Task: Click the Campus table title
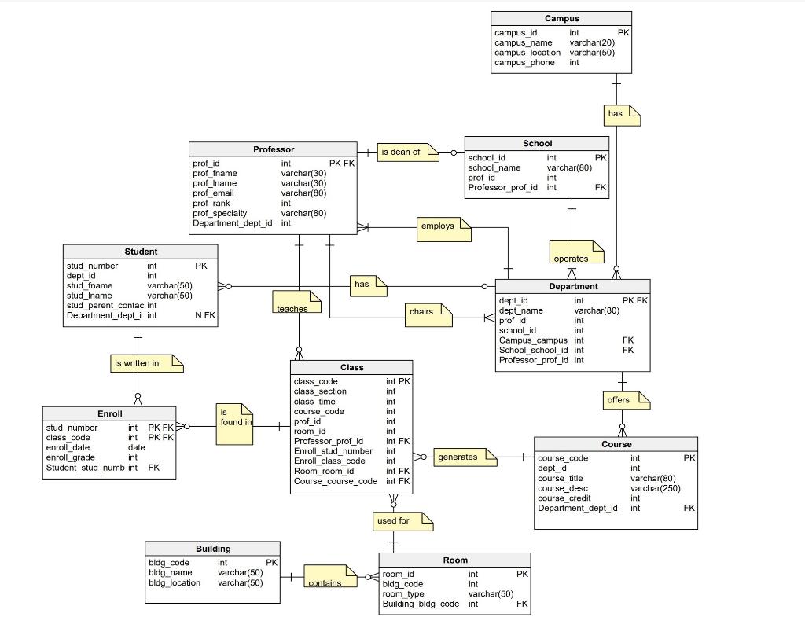pyautogui.click(x=561, y=18)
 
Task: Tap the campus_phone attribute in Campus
pyautogui.click(x=524, y=63)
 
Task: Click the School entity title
pyautogui.click(x=537, y=143)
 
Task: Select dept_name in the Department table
pyautogui.click(x=521, y=310)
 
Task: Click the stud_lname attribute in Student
pyautogui.click(x=90, y=296)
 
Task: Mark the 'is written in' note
pyautogui.click(x=142, y=363)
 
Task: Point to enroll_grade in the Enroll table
pyautogui.click(x=71, y=457)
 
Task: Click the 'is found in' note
pyautogui.click(x=233, y=422)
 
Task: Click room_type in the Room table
pyautogui.click(x=405, y=594)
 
